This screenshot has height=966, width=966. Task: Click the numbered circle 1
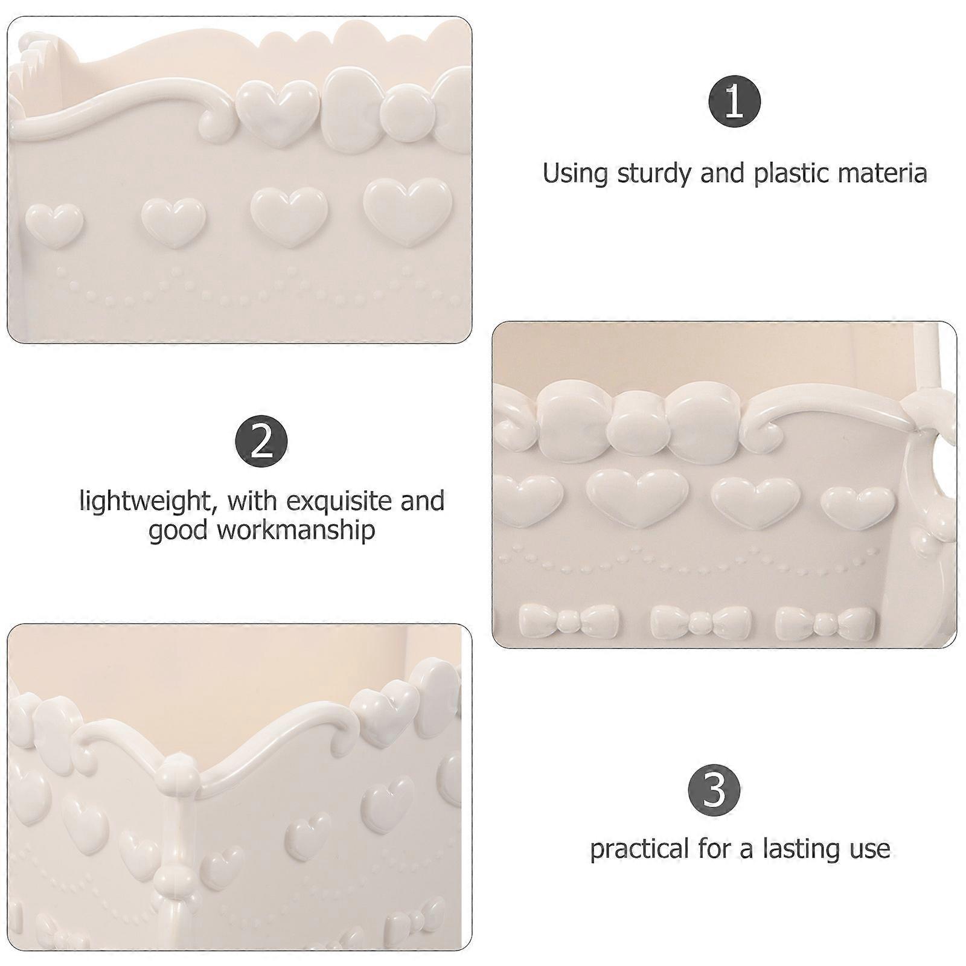coord(734,102)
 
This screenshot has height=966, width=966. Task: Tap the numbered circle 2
coord(261,442)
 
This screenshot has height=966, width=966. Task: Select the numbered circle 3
coord(714,790)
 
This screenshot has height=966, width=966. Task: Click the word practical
coord(640,849)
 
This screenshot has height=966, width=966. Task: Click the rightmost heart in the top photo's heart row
coord(408,211)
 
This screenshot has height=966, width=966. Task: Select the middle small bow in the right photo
coord(701,622)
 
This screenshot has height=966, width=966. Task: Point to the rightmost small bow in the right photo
coord(825,622)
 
